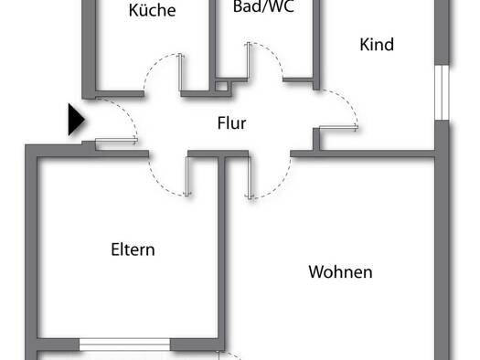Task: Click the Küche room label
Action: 152,10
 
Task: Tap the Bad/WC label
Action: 263,6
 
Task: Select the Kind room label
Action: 377,45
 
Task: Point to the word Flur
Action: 231,123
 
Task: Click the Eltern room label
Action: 133,249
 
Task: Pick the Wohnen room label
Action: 340,272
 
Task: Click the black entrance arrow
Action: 76,120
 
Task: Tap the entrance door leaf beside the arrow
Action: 117,141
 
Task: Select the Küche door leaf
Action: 181,72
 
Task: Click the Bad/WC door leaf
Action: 249,60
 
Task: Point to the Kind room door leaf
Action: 338,128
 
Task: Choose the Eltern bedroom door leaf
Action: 187,176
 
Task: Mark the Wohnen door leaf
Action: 250,177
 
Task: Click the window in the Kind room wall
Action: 442,92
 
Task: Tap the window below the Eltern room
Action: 125,344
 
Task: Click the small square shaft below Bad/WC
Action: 221,86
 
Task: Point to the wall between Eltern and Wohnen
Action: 221,248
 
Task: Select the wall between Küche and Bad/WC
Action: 212,46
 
